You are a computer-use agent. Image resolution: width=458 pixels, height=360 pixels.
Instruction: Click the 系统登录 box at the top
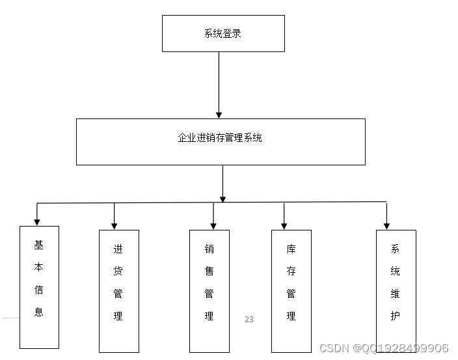(223, 33)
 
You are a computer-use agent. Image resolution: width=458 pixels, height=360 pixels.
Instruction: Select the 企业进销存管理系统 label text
(220, 138)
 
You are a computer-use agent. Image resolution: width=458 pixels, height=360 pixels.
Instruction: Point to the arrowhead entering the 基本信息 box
(37, 222)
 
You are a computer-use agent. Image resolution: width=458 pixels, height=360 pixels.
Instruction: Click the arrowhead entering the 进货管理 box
(114, 225)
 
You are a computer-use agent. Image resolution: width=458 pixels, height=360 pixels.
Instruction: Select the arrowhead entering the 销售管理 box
(213, 225)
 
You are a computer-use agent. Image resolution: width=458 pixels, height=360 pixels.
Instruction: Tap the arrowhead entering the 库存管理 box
(284, 225)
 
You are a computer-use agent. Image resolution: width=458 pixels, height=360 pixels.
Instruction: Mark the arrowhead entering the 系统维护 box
(386, 225)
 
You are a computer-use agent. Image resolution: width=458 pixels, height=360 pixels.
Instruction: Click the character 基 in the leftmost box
(39, 245)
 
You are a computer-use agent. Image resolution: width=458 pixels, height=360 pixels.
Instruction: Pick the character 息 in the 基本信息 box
(39, 312)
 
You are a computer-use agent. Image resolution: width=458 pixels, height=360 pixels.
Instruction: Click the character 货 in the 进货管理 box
(118, 271)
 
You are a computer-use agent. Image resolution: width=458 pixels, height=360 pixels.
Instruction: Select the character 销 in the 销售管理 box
(209, 249)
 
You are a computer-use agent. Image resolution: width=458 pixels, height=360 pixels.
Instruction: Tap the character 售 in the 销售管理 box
(209, 271)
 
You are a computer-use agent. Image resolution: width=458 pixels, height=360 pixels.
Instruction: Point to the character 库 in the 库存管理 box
(291, 249)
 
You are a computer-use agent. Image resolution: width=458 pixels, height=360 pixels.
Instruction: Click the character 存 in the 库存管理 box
(291, 271)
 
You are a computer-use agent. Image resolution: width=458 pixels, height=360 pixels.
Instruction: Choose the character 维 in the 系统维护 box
(395, 294)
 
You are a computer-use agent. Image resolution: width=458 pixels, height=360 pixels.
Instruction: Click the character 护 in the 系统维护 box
(395, 316)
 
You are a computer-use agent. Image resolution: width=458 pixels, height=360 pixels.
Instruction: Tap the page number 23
(249, 320)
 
